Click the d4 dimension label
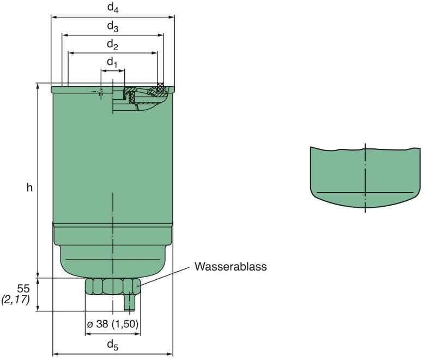(113, 8)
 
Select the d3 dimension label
(113, 26)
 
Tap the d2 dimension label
(113, 44)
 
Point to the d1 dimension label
(112, 62)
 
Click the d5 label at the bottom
(112, 345)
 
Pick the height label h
(29, 188)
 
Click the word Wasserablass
(231, 267)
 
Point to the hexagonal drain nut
(112, 286)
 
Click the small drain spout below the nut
(129, 303)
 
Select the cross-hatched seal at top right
(160, 87)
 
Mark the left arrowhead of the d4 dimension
(53, 16)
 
